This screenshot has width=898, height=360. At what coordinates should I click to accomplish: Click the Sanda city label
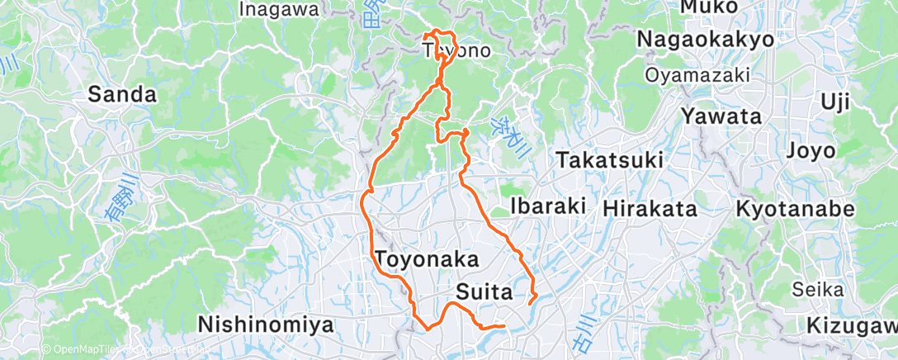pyautogui.click(x=122, y=95)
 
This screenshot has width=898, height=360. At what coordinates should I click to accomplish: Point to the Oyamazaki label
pyautogui.click(x=697, y=75)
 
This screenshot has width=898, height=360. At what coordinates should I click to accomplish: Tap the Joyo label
pyautogui.click(x=811, y=151)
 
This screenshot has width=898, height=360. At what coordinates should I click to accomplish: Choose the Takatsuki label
pyautogui.click(x=609, y=160)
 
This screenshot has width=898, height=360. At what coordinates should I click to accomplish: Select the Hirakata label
pyautogui.click(x=649, y=209)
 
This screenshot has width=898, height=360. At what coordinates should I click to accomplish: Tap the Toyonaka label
pyautogui.click(x=427, y=259)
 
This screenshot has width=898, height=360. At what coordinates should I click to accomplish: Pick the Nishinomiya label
pyautogui.click(x=266, y=324)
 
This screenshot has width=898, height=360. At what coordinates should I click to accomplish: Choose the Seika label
pyautogui.click(x=817, y=289)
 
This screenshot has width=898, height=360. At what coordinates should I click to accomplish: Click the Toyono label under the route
pyautogui.click(x=457, y=51)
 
